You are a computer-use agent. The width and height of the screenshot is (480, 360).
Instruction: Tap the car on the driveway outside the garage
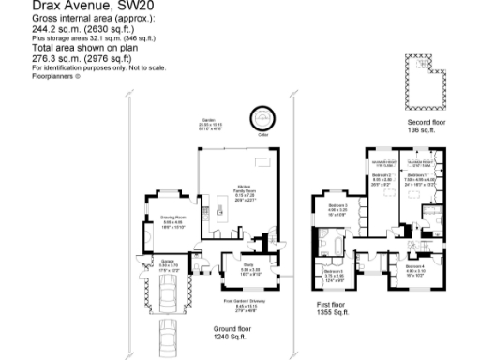(x=168, y=334)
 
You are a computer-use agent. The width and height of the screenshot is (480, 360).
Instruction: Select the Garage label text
(x=167, y=265)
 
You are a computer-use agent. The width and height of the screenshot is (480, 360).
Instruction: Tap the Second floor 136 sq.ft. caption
(x=427, y=126)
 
